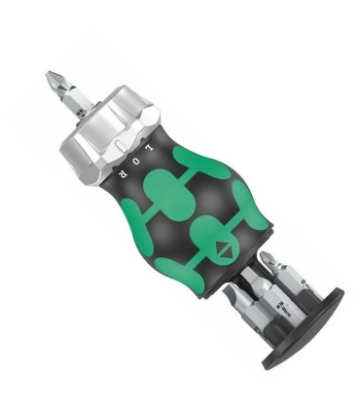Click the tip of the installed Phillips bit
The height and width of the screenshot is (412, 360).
pyautogui.click(x=50, y=75)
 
